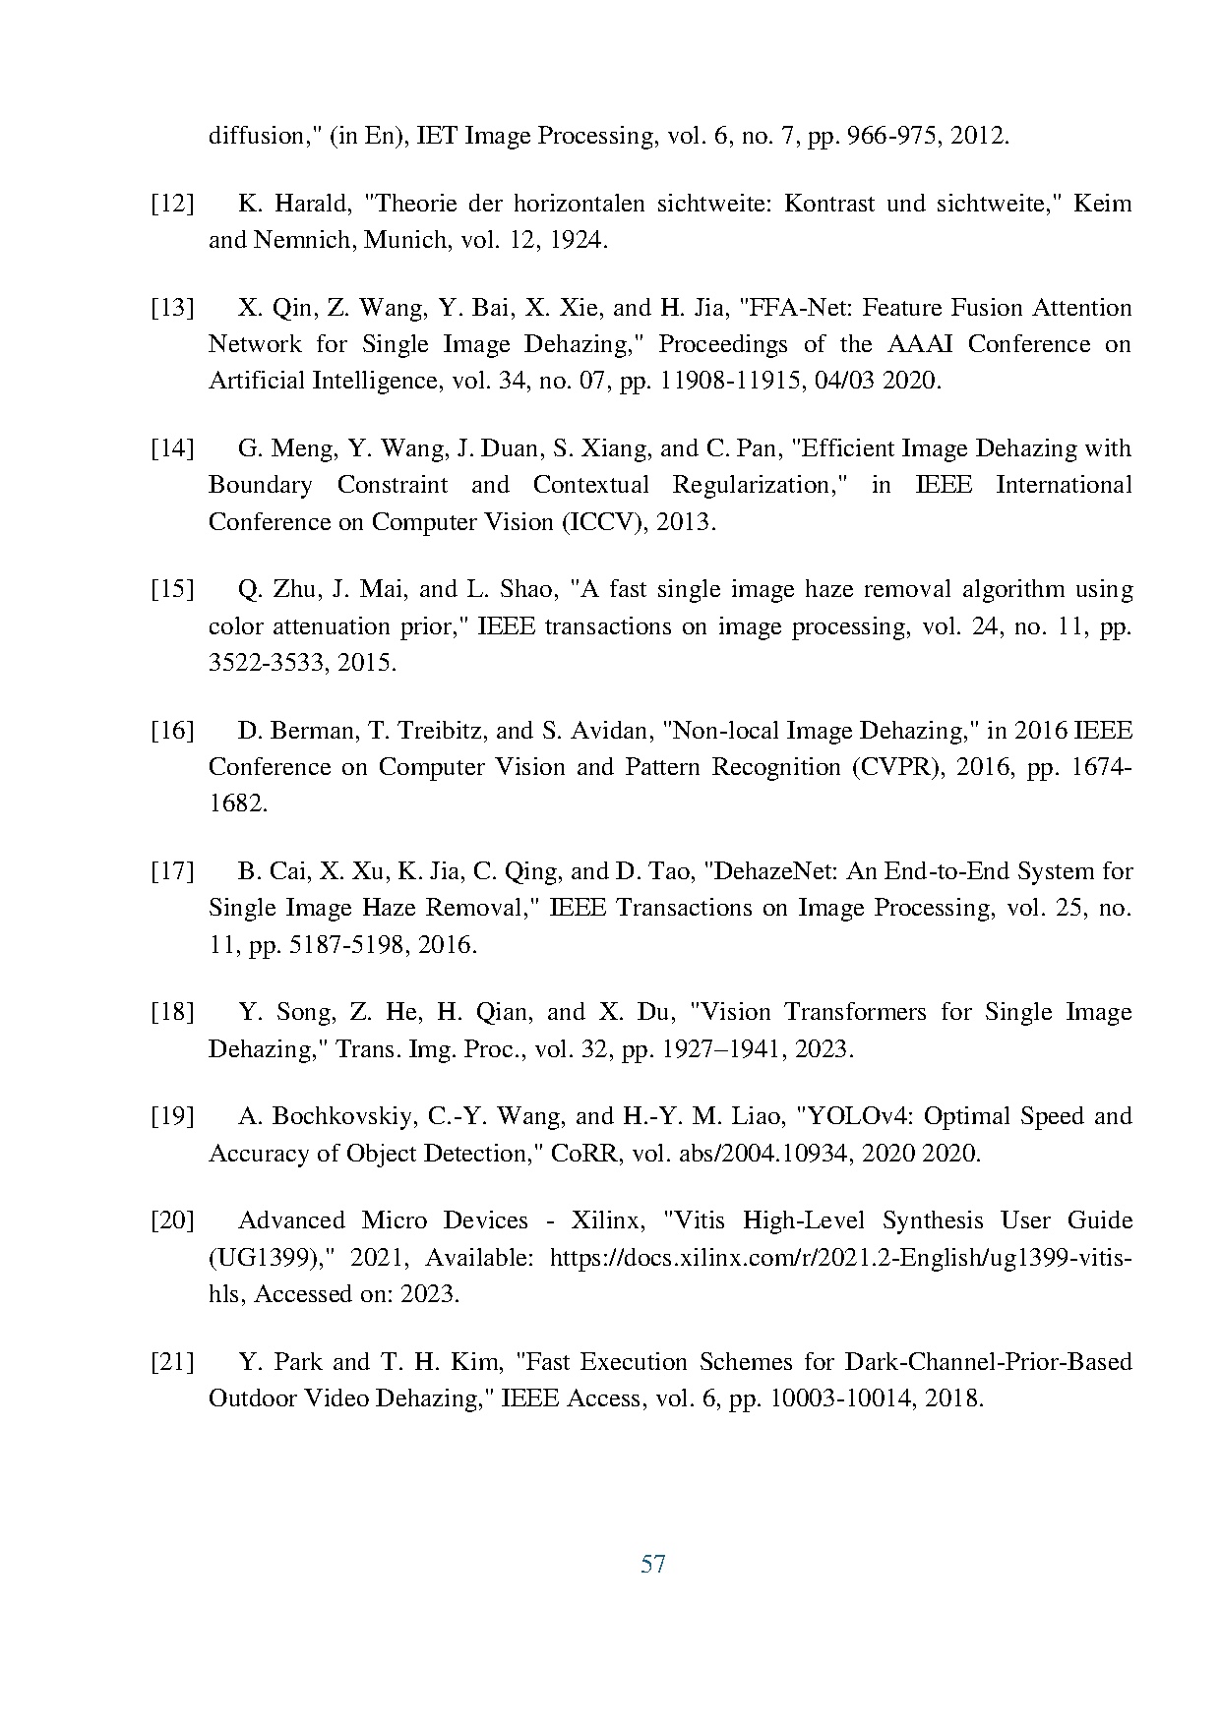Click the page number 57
[652, 1564]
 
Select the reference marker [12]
[171, 205]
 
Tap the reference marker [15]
[171, 590]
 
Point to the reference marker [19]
[171, 1117]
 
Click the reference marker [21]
[171, 1363]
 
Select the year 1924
[575, 241]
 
